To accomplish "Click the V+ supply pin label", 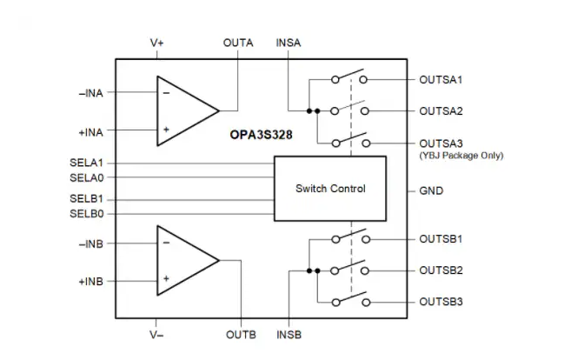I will tap(156, 42).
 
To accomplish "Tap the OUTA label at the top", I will tap(238, 42).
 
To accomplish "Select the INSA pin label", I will tap(289, 42).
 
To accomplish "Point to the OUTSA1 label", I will tap(441, 79).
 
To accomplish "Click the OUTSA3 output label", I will tap(441, 143).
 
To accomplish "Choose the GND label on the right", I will tap(431, 190).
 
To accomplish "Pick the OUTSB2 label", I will tap(441, 270).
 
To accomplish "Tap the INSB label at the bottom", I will tap(289, 334).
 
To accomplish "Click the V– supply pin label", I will tap(156, 334).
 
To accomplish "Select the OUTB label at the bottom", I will tap(240, 334).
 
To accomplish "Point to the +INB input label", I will tap(90, 282).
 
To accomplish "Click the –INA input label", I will tap(90, 91).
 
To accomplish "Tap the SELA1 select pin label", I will tap(86, 162).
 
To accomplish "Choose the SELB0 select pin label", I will tap(86, 213).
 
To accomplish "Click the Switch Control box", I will tap(330, 189).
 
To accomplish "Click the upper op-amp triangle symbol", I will tap(182, 110).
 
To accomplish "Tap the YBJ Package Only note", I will tap(461, 156).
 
